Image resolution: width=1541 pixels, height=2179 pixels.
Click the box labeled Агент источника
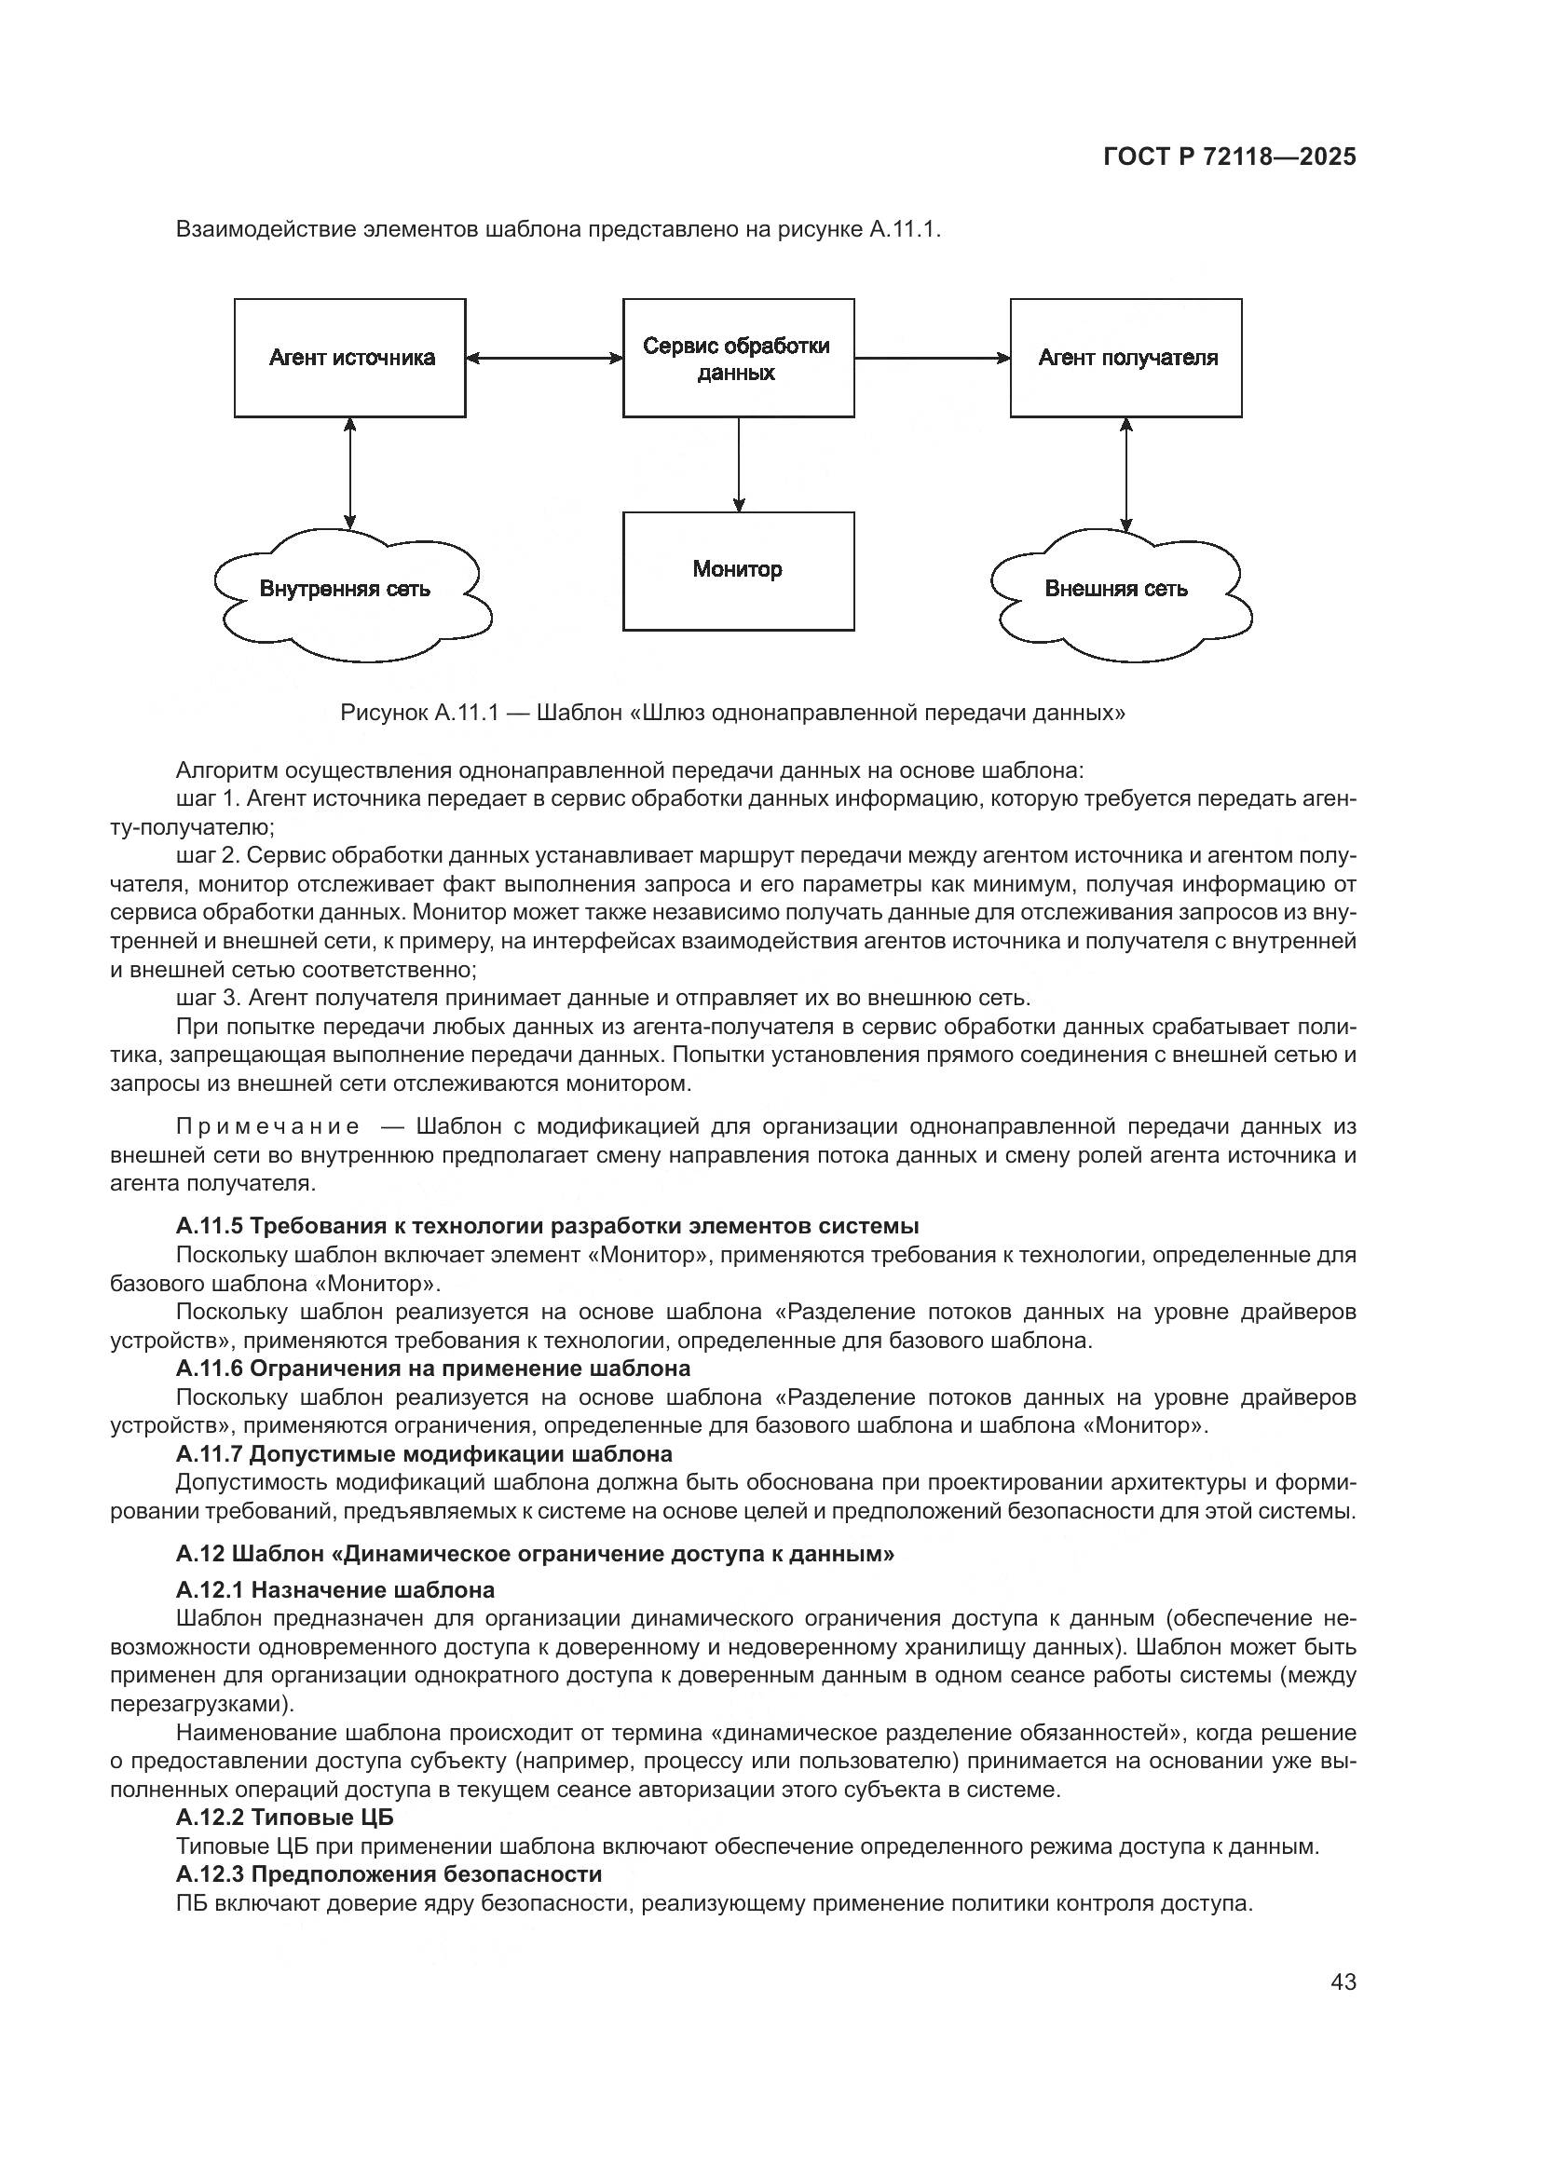tap(350, 358)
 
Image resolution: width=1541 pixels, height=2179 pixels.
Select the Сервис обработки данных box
tap(738, 358)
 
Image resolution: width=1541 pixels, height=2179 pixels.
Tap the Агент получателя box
tap(1125, 358)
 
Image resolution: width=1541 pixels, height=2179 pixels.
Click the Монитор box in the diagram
tap(738, 570)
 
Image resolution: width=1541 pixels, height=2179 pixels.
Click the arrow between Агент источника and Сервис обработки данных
tap(544, 358)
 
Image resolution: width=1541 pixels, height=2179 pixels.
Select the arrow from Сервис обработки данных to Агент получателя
tap(932, 358)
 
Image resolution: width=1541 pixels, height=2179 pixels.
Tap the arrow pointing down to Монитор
tap(738, 464)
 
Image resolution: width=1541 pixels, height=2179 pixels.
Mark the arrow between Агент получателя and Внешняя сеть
tap(1125, 473)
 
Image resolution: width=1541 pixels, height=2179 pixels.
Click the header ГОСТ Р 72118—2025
tap(1230, 157)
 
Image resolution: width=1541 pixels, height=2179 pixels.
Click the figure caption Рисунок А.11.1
tap(732, 712)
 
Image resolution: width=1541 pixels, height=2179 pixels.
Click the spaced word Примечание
tap(268, 1126)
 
